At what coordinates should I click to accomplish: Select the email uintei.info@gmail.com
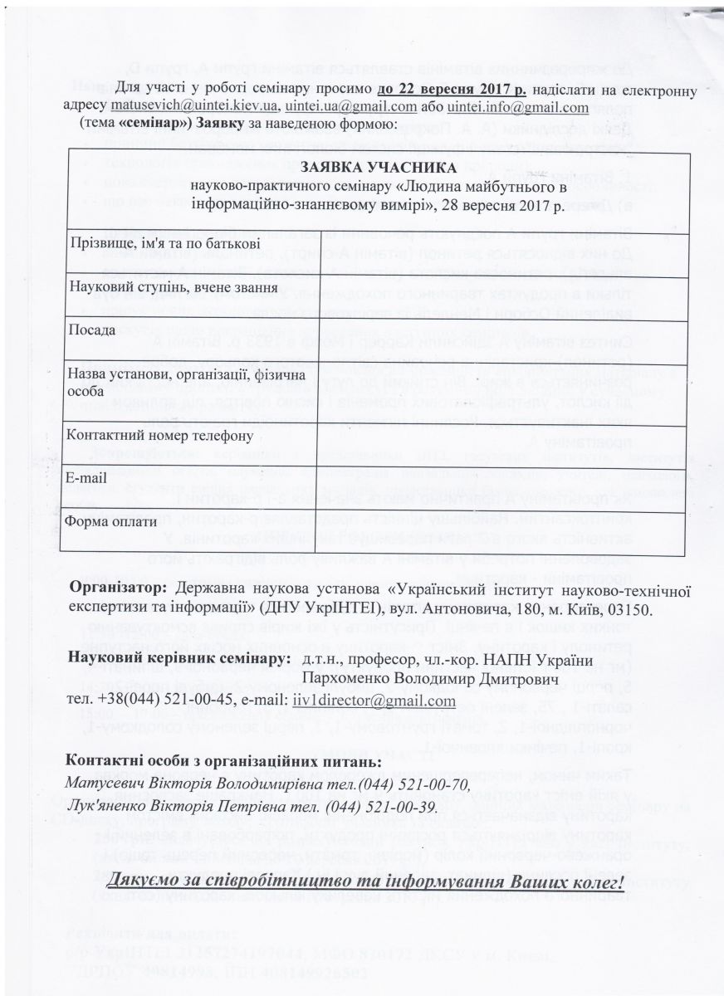pos(517,108)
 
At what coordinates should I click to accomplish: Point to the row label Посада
pos(85,329)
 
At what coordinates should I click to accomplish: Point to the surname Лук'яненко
pos(108,807)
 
